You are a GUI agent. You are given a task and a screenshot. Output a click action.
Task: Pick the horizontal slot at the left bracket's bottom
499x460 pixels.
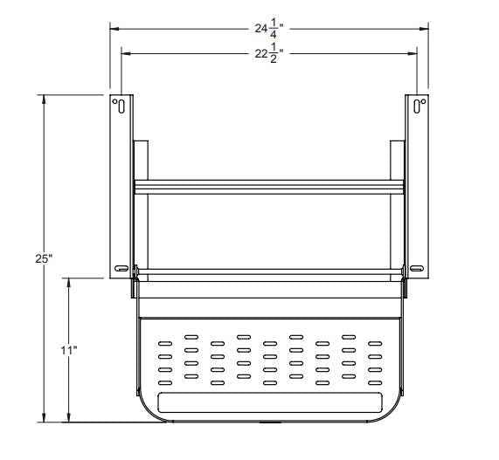point(121,268)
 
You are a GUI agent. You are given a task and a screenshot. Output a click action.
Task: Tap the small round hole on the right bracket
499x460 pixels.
point(423,103)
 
